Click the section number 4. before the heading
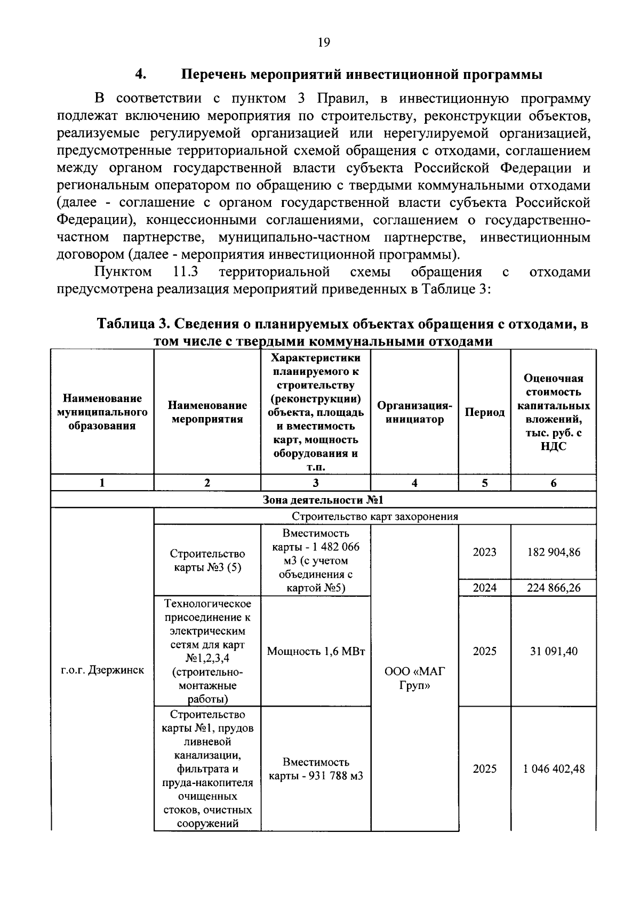click(x=140, y=74)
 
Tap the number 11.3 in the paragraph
click(x=186, y=272)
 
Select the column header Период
click(x=484, y=412)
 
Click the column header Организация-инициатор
click(x=414, y=412)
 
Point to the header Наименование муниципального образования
click(x=102, y=412)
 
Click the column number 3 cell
click(x=316, y=483)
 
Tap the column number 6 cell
click(x=553, y=483)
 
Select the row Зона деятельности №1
click(x=323, y=500)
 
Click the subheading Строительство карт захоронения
click(x=374, y=516)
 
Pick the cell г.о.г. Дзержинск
click(x=102, y=670)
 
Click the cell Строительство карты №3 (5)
click(x=207, y=560)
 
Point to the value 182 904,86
click(x=553, y=552)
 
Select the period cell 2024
click(x=484, y=588)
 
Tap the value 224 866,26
click(x=553, y=588)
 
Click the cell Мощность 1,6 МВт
click(x=316, y=651)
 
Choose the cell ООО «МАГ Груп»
click(x=414, y=678)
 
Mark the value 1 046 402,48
click(x=553, y=769)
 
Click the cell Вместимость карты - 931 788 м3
click(x=316, y=769)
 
